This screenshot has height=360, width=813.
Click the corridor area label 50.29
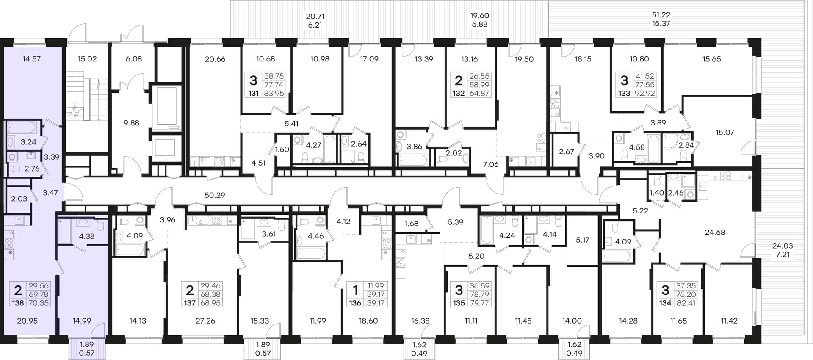point(215,195)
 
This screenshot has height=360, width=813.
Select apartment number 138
point(18,303)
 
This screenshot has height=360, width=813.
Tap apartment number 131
point(253,93)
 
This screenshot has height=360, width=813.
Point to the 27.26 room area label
point(205,321)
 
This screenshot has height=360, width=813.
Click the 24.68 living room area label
point(715,232)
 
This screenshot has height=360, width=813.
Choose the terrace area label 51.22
point(661,15)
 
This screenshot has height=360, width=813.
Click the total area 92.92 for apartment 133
point(644,93)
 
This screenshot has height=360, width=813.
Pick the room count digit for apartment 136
point(355,290)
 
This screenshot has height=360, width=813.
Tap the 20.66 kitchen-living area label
point(215,59)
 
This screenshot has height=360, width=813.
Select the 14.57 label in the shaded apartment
point(32,59)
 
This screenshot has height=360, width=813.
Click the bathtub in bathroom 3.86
point(413,160)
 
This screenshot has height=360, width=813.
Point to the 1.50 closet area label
point(282,149)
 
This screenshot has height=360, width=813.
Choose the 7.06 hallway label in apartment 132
point(491,164)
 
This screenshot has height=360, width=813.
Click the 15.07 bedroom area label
point(725,133)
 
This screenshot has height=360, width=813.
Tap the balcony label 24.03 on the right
point(783,246)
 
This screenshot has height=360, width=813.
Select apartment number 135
point(459,303)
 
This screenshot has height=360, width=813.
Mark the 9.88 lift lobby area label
point(131,123)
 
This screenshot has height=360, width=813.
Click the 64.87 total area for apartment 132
point(479,93)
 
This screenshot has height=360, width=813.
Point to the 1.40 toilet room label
point(657,193)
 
